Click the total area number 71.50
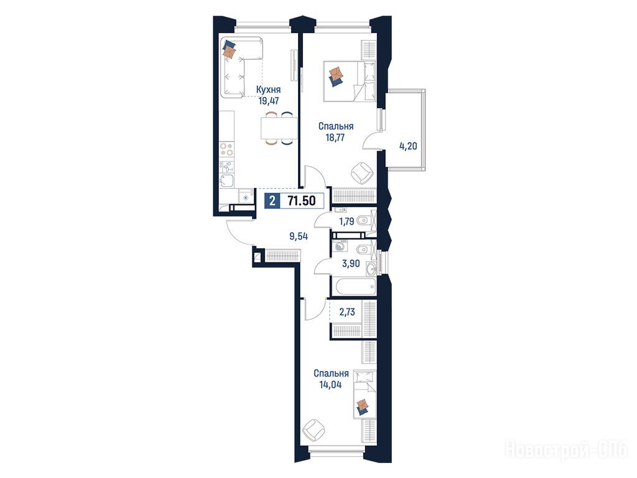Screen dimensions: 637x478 [301, 201]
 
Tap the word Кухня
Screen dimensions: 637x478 [268, 90]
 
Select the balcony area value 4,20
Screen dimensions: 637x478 [408, 146]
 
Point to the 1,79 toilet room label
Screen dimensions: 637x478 [346, 222]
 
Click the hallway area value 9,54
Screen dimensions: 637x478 [299, 237]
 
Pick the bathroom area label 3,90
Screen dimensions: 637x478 [351, 263]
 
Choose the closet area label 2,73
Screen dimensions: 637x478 [347, 312]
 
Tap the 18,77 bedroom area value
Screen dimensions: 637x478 [335, 138]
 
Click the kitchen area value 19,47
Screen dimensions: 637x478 [269, 100]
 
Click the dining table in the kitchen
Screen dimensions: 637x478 [279, 128]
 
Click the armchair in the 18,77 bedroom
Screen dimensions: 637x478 [361, 173]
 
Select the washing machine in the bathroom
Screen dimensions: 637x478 [340, 245]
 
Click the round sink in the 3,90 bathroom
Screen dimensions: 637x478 [371, 268]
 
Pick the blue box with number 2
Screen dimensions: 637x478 [272, 201]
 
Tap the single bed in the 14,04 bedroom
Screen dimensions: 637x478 [365, 394]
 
